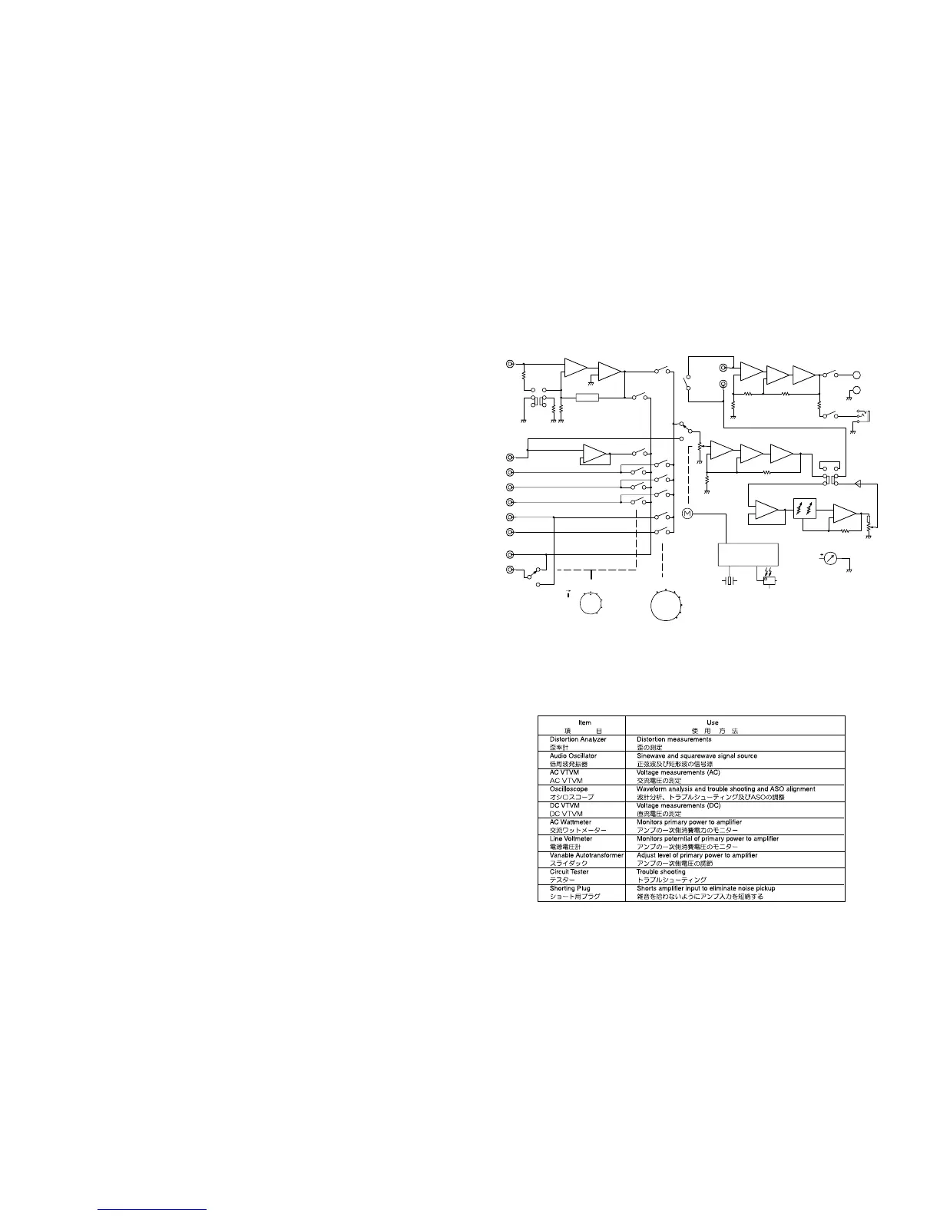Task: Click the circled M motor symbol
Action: [687, 513]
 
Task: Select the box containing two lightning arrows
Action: [806, 509]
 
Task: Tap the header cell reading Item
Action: [584, 722]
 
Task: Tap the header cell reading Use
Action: [712, 722]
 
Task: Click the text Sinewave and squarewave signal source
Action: [697, 756]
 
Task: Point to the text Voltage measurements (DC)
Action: [678, 806]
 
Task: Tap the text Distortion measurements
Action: [674, 739]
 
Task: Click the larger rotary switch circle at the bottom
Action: [665, 605]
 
